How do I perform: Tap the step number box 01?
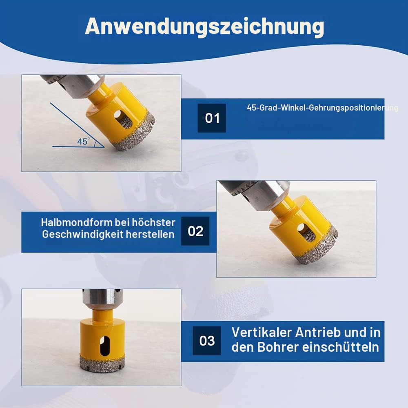coord(211,118)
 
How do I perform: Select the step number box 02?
coord(195,231)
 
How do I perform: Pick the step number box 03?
coord(206,341)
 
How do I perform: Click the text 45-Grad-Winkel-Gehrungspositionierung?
coord(322,108)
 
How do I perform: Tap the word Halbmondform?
coord(77,222)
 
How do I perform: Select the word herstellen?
coord(150,234)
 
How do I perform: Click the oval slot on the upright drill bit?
coord(104,346)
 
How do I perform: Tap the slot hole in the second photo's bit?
coord(306,232)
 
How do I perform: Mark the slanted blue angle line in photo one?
coord(77,125)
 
